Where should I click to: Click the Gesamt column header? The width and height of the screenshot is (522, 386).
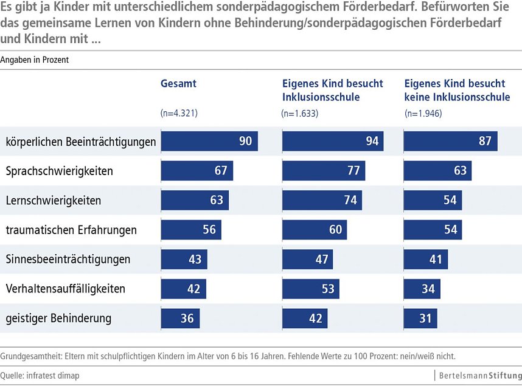(178, 84)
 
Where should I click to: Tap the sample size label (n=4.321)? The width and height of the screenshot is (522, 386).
(179, 113)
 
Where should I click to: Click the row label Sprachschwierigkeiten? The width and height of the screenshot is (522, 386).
(59, 171)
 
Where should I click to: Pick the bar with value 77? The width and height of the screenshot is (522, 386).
(324, 171)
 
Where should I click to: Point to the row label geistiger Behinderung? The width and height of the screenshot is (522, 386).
(58, 317)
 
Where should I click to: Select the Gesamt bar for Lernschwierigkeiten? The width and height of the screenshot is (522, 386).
(195, 200)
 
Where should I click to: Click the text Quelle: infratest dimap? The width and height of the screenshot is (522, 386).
(40, 375)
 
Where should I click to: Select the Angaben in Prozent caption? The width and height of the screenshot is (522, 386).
(35, 60)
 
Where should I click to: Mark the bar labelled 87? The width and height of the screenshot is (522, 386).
(451, 142)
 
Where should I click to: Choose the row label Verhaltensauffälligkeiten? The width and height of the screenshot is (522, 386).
(65, 288)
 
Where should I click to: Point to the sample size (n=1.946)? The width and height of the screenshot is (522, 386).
(423, 113)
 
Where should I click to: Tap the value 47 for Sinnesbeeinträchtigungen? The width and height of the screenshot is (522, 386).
(322, 259)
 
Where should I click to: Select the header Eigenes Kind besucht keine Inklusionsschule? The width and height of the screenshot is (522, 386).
(457, 90)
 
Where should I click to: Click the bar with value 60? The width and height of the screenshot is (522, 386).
(314, 230)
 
